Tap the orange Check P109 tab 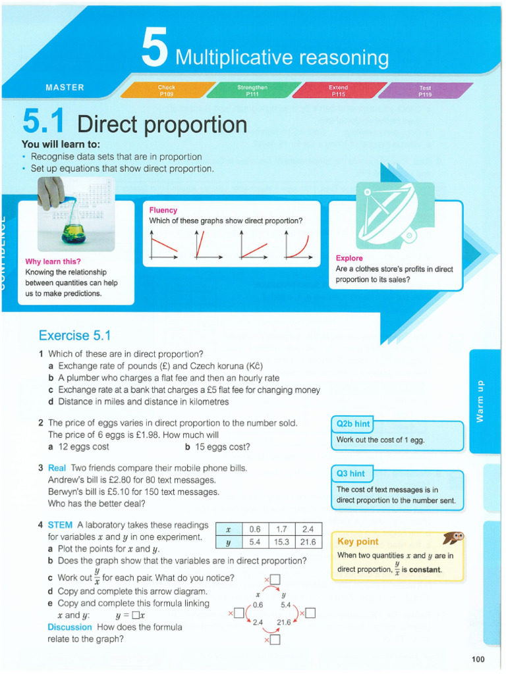pos(166,90)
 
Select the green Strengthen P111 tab pos(252,90)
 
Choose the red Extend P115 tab pos(338,90)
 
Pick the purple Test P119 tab pos(425,90)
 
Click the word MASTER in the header pos(65,88)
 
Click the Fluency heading pos(163,210)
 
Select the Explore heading pos(349,258)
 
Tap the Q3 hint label pos(351,473)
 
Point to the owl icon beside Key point pos(453,538)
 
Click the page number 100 pos(478,659)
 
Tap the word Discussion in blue pos(69,627)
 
